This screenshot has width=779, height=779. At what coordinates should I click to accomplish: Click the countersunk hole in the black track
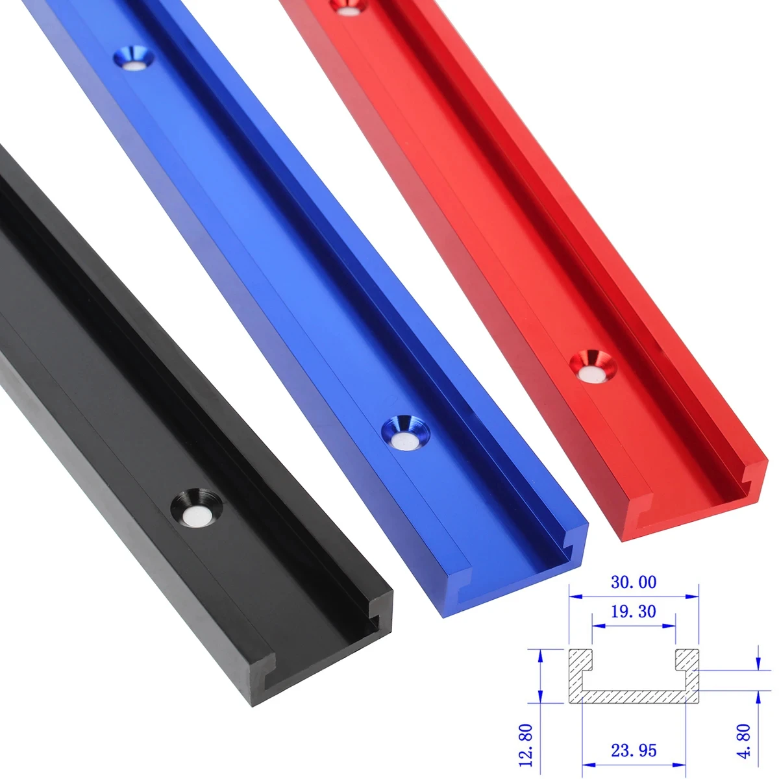[197, 508]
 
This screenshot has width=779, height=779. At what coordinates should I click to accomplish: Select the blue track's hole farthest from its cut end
[135, 60]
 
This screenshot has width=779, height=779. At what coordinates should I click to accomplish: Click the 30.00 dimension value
[633, 582]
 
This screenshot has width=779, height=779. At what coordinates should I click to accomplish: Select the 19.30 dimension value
[633, 611]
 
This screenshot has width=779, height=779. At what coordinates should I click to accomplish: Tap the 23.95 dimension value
[633, 750]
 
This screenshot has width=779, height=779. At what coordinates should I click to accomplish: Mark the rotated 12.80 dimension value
[527, 745]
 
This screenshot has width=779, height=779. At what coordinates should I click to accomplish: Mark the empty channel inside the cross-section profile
[633, 675]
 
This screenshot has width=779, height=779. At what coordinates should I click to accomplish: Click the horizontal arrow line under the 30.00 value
[633, 596]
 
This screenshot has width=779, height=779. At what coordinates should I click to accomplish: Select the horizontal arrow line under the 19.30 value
[633, 626]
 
